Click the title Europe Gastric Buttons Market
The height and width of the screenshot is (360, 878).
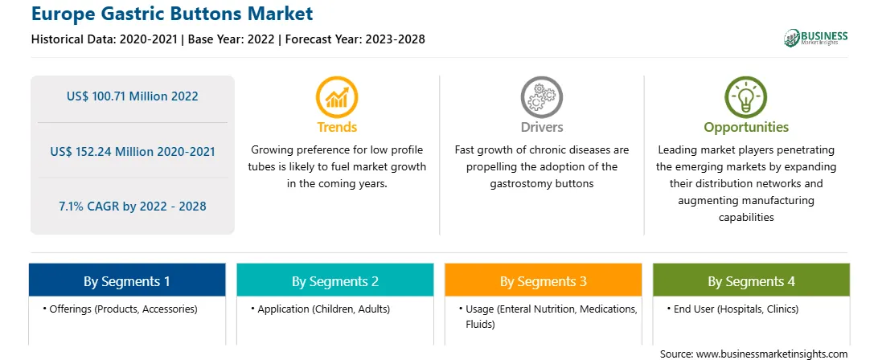pos(172,14)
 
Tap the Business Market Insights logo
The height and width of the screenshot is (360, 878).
pos(815,38)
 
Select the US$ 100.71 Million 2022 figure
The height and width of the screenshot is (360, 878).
pos(132,96)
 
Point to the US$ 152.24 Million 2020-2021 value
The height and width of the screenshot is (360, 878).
pos(132,151)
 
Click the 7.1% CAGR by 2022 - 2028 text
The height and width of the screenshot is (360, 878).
pos(132,206)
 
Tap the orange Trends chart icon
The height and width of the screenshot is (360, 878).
pos(337,97)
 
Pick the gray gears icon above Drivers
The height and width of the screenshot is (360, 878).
pos(541,97)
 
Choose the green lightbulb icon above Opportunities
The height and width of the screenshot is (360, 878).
pos(746,97)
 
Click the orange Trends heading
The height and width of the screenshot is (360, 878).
pos(337,127)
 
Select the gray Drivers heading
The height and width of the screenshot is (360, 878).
pos(541,127)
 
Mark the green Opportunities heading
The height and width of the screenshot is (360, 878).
pos(746,128)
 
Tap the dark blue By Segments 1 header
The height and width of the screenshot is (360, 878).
pos(127,280)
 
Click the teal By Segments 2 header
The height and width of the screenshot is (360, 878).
pos(334,280)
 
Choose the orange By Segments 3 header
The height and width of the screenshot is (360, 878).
pos(544,280)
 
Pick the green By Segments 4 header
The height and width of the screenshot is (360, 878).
pos(751,280)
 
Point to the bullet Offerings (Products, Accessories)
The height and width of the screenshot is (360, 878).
pos(120,309)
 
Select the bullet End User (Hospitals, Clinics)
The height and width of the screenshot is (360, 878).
pos(732,309)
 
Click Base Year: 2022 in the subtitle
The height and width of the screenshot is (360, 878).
pos(232,39)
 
